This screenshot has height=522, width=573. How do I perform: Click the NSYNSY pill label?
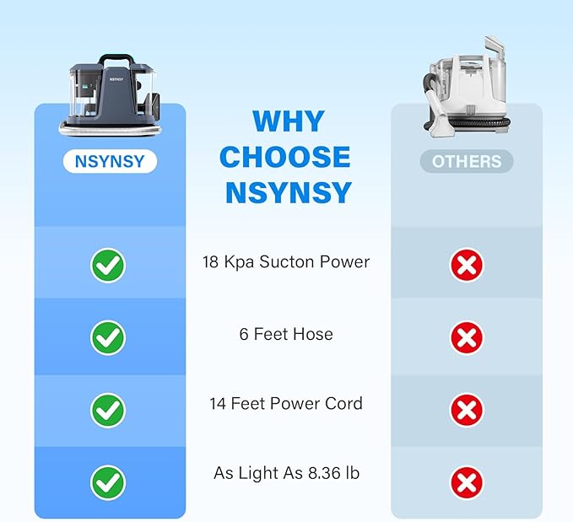pos(110,161)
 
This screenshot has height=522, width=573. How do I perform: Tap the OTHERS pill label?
pos(467,161)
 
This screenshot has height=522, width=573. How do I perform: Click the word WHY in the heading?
pos(289,121)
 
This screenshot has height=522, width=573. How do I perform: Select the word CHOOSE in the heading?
pos(285,157)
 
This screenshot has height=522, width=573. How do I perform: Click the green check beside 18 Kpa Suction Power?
pos(108,265)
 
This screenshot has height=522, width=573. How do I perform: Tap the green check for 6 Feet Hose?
pos(108,337)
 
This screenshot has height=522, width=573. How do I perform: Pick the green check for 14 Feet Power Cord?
pos(108,410)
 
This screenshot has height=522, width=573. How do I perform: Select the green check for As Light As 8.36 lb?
pos(108,482)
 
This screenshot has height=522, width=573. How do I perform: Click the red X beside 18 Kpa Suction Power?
pos(467,265)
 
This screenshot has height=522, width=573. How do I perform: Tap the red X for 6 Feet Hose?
pos(467,337)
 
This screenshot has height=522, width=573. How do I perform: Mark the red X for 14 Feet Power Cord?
pos(467,410)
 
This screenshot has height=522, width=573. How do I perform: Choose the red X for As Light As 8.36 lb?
pos(467,483)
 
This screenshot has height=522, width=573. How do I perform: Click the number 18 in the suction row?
pos(210,262)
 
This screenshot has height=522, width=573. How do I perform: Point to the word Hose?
pos(313,334)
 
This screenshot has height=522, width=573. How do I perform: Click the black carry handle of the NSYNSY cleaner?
pos(116,59)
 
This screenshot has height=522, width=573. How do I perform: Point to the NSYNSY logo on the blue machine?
pos(116,79)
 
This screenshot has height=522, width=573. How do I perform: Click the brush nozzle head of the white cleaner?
pos(440,117)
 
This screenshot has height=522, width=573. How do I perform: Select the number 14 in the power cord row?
pos(218,404)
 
